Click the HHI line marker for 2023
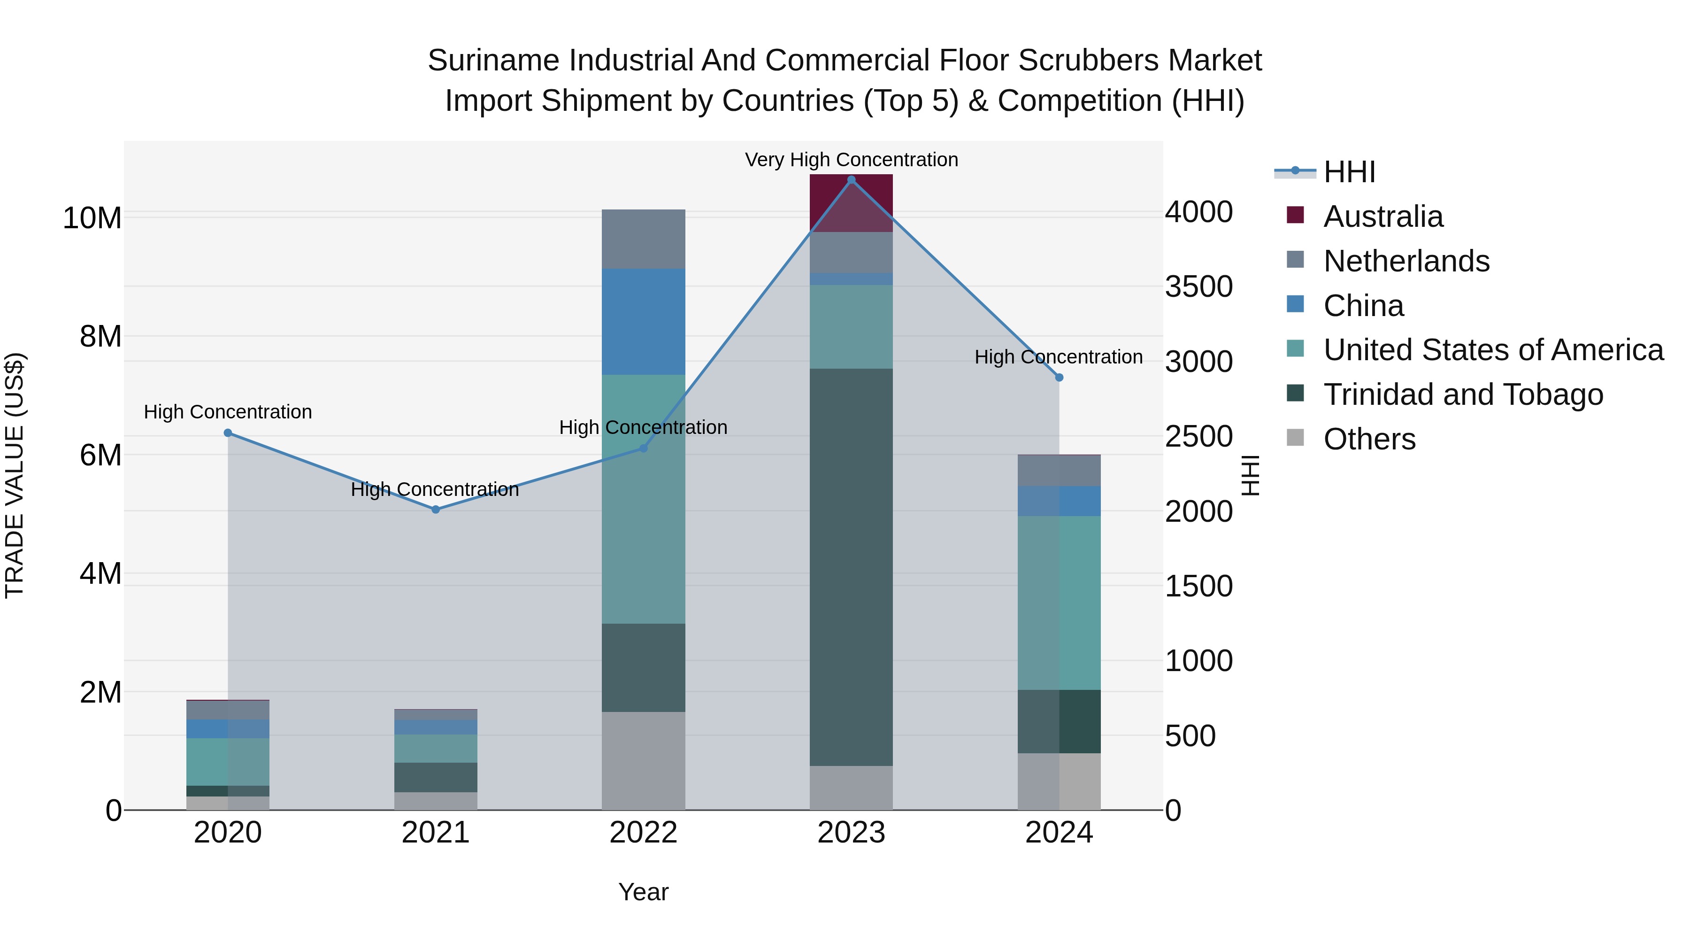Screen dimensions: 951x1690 [x=851, y=180]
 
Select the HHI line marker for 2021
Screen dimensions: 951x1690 [x=436, y=509]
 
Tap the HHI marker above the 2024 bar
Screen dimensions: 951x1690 [x=1059, y=378]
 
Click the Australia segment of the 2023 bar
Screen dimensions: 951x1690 [x=851, y=203]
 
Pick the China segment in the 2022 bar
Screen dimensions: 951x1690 [x=643, y=322]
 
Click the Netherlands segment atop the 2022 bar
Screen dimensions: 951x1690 [x=643, y=239]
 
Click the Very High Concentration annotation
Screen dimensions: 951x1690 [x=851, y=160]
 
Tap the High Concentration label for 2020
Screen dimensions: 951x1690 [x=228, y=412]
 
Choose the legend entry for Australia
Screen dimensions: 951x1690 [x=1383, y=216]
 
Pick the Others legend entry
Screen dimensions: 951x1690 [x=1369, y=439]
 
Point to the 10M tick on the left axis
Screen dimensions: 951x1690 [x=92, y=218]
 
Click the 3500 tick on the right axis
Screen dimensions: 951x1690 [x=1198, y=287]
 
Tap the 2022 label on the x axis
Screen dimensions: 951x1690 [x=643, y=833]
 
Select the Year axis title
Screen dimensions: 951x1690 [x=643, y=892]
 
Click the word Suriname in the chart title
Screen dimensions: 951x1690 [x=494, y=61]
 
